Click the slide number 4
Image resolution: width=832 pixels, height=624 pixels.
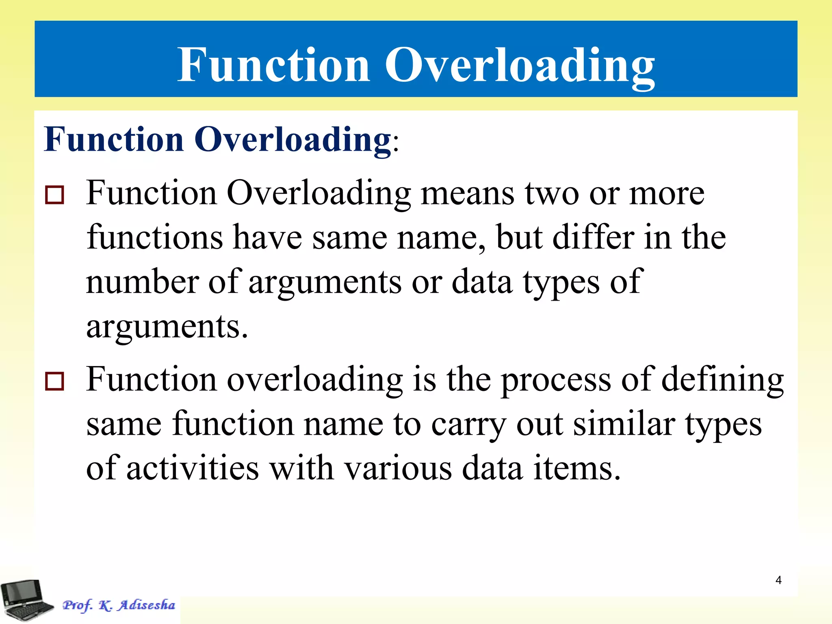pos(778,580)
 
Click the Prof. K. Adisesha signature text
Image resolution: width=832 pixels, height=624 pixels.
pos(119,605)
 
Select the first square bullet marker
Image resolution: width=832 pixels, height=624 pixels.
pos(54,195)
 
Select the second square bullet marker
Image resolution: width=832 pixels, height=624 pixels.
pos(54,381)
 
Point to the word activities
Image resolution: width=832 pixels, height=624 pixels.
pos(193,468)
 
